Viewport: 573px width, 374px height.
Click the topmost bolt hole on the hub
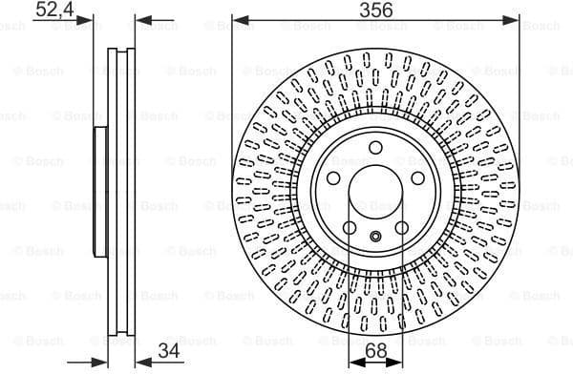(376, 147)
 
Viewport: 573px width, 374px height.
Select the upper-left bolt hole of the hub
(333, 179)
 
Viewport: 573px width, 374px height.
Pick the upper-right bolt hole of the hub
(418, 179)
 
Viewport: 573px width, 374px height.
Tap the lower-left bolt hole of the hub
(350, 228)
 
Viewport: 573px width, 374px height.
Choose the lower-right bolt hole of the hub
(402, 228)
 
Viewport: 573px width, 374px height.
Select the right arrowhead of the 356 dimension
(516, 18)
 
